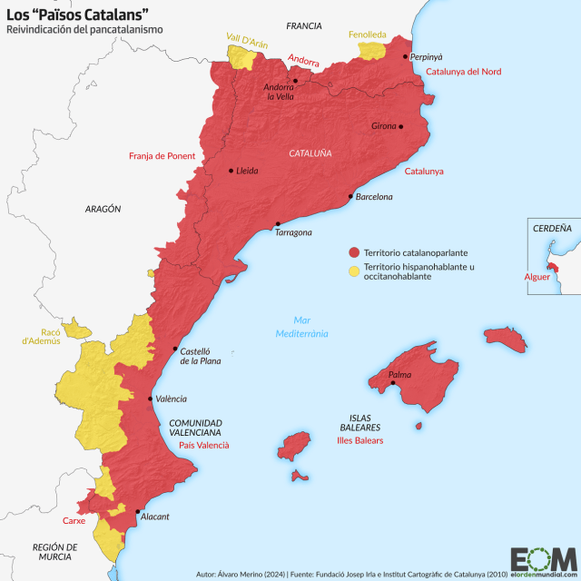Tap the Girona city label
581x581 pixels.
[x=384, y=126]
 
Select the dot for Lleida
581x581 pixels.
[x=231, y=170]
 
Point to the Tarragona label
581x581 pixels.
[x=293, y=232]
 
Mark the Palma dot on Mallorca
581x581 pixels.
[x=393, y=382]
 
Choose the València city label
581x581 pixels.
[x=172, y=399]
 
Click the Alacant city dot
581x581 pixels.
[x=137, y=512]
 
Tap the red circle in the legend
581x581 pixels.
[x=354, y=251]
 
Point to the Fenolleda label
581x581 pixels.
[x=367, y=34]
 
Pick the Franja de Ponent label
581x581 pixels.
[x=162, y=155]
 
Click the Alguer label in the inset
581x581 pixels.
[x=537, y=276]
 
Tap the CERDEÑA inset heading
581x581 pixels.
[x=552, y=229]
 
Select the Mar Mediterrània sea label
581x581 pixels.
[x=302, y=327]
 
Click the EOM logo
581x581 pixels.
[x=542, y=559]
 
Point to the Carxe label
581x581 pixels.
[x=74, y=521]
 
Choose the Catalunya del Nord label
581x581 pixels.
[x=463, y=72]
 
